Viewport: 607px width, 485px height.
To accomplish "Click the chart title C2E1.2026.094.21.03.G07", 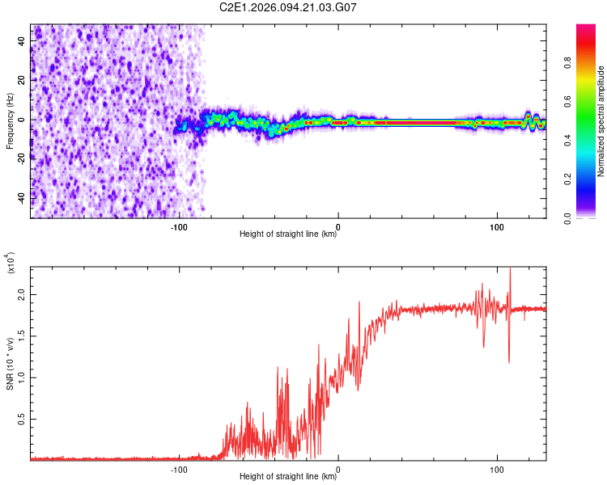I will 288,7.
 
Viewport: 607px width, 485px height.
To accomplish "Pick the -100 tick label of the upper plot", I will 180,227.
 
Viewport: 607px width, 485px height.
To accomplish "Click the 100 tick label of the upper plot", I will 496,227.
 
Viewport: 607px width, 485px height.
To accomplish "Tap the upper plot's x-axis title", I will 288,235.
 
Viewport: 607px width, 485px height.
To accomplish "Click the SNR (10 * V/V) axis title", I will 10,364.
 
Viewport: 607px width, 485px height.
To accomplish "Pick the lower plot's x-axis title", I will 288,477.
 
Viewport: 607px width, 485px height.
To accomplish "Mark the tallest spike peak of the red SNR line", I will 510,268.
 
